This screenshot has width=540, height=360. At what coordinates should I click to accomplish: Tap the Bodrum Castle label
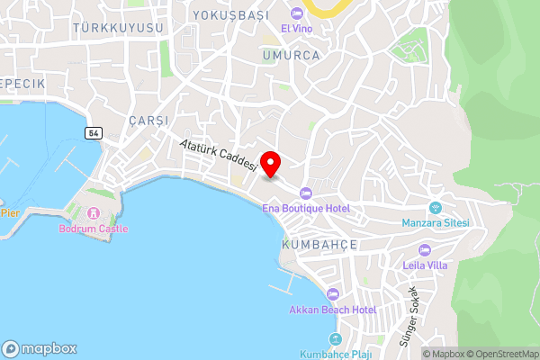(x=94, y=229)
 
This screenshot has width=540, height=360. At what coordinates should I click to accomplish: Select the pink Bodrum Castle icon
(x=94, y=213)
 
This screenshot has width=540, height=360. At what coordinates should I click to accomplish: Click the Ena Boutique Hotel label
(x=305, y=209)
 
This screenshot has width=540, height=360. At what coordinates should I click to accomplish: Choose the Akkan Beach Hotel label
(x=332, y=310)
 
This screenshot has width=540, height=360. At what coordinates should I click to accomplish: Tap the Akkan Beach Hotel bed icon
(x=332, y=294)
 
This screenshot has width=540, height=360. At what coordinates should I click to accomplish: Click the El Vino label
(x=296, y=29)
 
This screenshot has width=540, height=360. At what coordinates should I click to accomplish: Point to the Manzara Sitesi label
(x=436, y=223)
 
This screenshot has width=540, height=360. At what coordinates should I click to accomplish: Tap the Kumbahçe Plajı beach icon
(x=336, y=339)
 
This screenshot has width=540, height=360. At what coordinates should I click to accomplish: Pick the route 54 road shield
(x=93, y=132)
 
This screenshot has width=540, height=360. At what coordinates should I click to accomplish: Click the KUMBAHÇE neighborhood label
(x=319, y=245)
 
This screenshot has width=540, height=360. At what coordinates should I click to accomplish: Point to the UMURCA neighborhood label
(x=291, y=54)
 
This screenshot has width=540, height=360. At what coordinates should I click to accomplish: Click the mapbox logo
(x=40, y=349)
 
